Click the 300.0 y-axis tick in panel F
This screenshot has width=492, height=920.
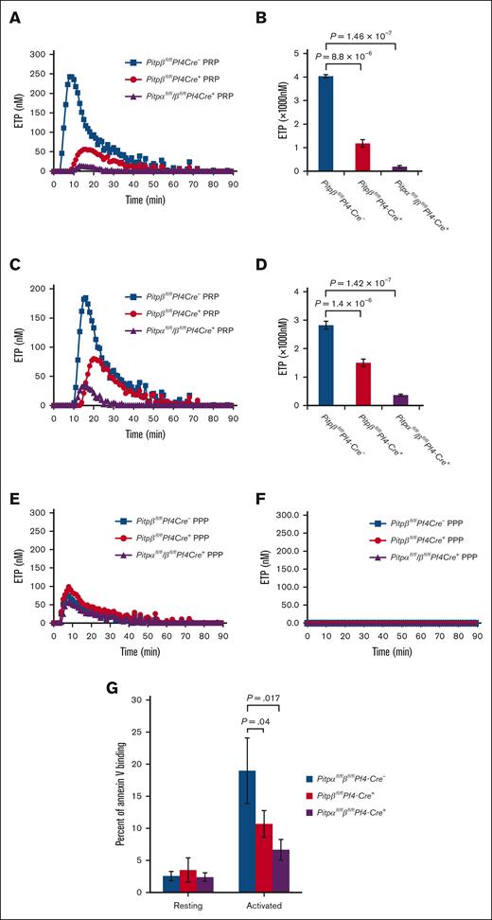292,512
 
